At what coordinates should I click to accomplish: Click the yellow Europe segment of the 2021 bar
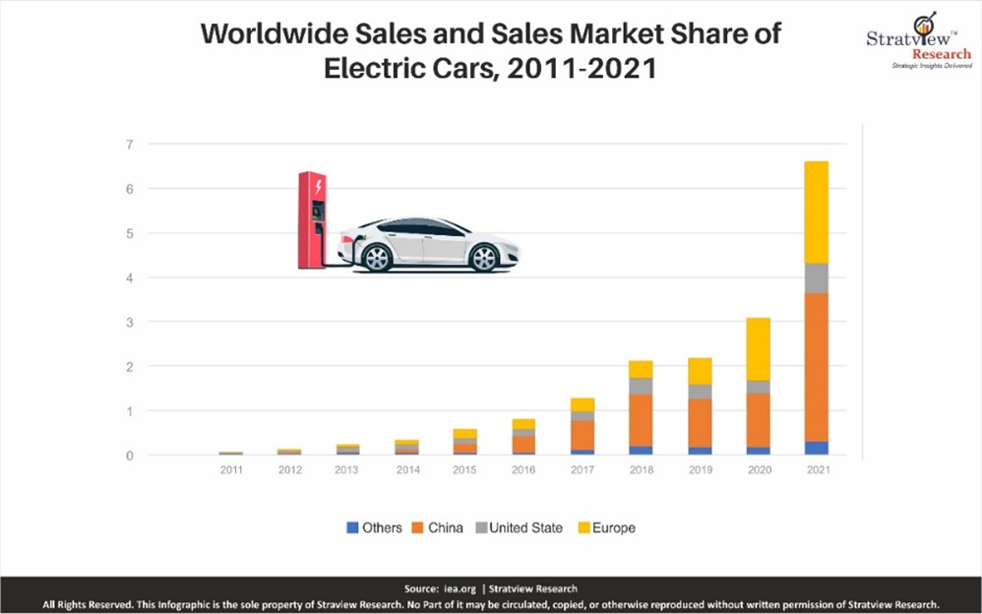[x=816, y=212]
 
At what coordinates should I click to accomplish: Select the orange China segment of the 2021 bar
[x=816, y=366]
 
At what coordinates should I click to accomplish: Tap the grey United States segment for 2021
[x=816, y=277]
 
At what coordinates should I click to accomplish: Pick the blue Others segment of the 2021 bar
[x=816, y=448]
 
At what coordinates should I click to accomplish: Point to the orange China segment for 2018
[x=642, y=420]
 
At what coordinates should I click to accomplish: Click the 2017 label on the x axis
[x=583, y=470]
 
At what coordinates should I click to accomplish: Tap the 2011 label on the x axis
[x=231, y=470]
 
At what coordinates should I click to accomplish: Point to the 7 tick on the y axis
[x=129, y=145]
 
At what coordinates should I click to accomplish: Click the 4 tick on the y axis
[x=129, y=277]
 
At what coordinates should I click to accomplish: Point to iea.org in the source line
[x=459, y=588]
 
